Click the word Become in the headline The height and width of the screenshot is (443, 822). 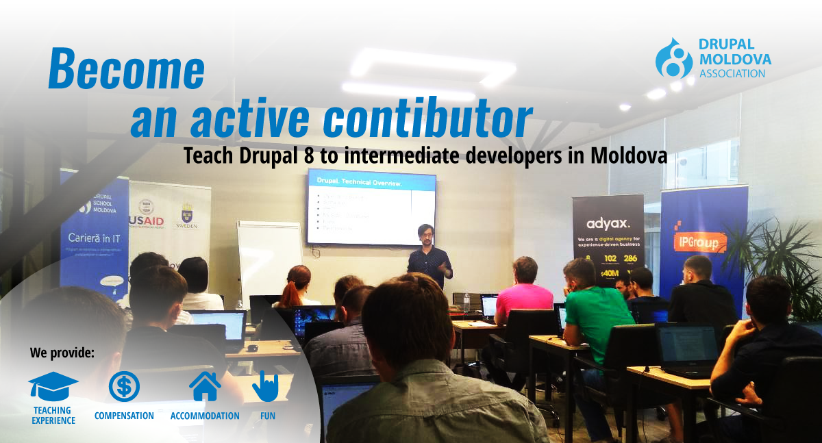pos(127,69)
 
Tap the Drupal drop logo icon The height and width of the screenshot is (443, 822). pos(674,58)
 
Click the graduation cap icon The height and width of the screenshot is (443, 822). pos(53,386)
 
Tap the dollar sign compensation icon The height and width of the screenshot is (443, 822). pos(124,386)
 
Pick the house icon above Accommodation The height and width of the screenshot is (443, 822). pos(205,386)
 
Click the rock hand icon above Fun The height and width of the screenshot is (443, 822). pos(266,386)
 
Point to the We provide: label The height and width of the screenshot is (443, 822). pos(62,353)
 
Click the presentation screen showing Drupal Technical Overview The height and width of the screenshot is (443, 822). pos(371,207)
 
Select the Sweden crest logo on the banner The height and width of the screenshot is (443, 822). pos(186,216)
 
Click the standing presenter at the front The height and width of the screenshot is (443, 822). pos(429,257)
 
